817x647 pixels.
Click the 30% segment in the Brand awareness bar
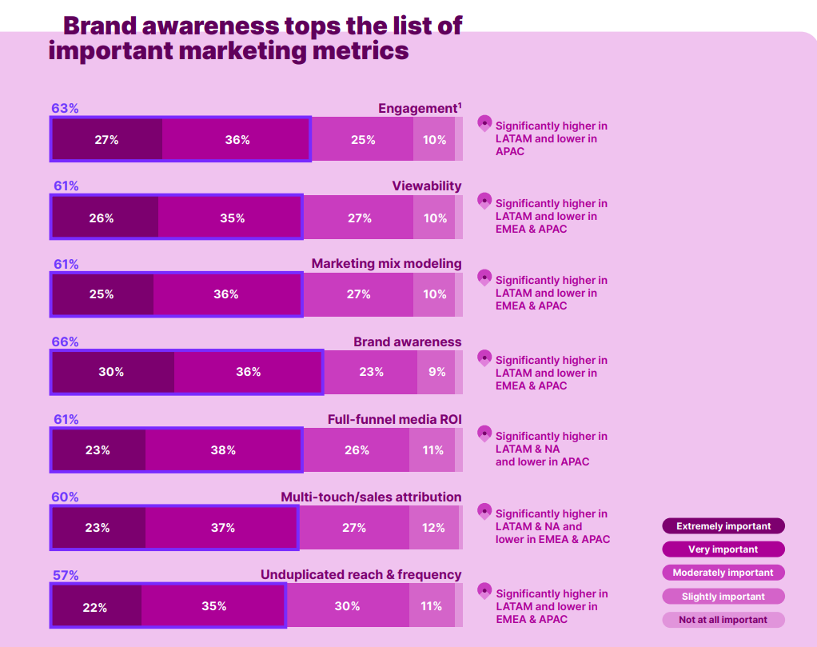click(112, 372)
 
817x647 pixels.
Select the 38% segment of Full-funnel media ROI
click(223, 450)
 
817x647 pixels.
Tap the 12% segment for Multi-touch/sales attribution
click(433, 528)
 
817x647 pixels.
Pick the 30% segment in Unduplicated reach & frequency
click(347, 606)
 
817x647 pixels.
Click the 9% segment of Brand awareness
click(437, 372)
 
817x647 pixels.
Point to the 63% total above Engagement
click(65, 108)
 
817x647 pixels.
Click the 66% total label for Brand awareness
click(65, 341)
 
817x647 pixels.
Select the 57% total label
click(65, 575)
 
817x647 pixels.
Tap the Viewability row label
click(426, 186)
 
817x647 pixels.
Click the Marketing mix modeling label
click(386, 263)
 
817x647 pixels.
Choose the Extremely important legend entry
click(723, 526)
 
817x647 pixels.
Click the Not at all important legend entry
click(723, 620)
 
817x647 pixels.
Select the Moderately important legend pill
click(723, 573)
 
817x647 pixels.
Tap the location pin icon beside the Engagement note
click(484, 123)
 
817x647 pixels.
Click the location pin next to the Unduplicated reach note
click(484, 591)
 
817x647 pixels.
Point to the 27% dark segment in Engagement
click(106, 139)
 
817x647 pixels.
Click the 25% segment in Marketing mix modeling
click(102, 294)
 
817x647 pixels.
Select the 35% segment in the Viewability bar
click(232, 218)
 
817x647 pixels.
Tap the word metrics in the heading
click(360, 51)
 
